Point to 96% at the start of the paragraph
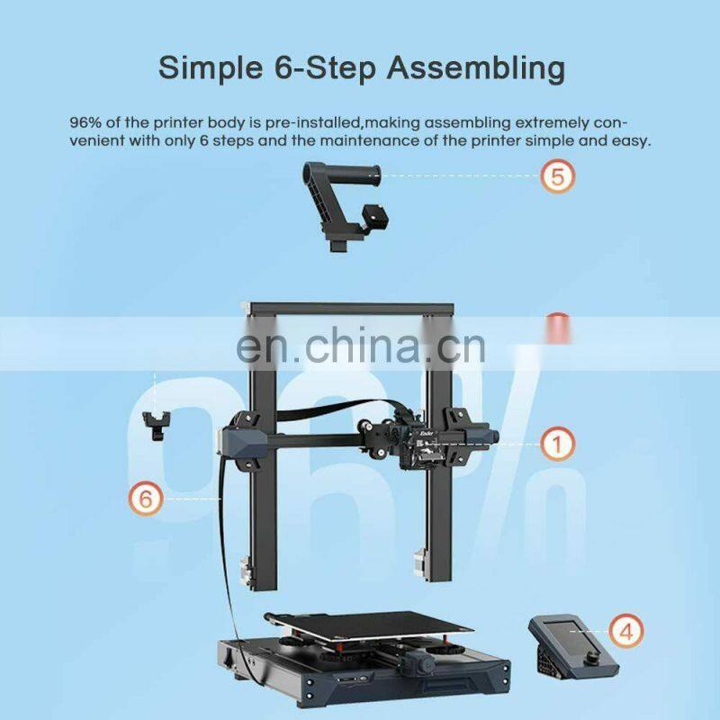point(87,121)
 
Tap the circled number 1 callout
point(558,443)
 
